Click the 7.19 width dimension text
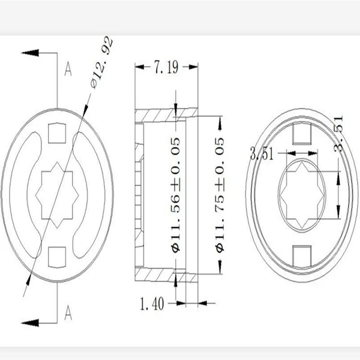(166, 67)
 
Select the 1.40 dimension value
(152, 304)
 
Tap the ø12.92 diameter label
(102, 62)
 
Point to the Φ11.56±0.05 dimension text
(176, 195)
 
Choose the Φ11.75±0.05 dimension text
(220, 195)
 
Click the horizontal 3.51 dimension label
(262, 154)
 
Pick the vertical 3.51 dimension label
(338, 133)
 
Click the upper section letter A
(68, 69)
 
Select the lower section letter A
(68, 313)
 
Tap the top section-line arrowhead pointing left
(30, 53)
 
